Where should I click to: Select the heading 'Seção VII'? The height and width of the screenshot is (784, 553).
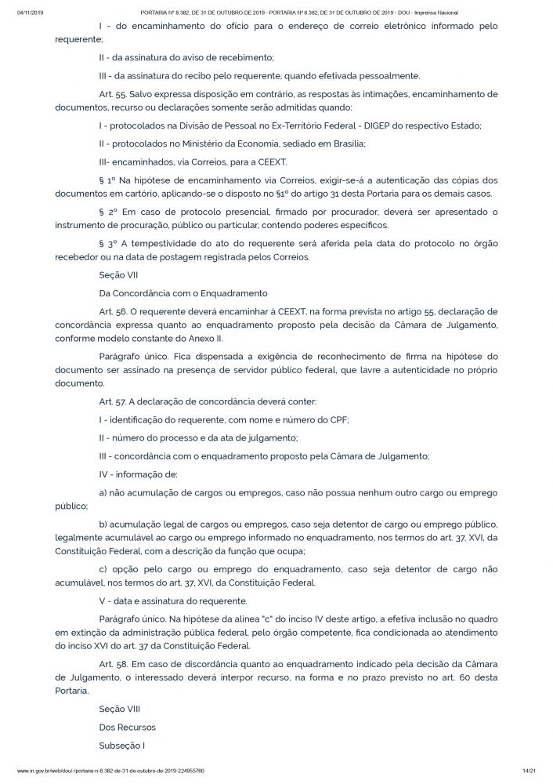point(117,275)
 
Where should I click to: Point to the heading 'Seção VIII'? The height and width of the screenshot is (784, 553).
point(118,708)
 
